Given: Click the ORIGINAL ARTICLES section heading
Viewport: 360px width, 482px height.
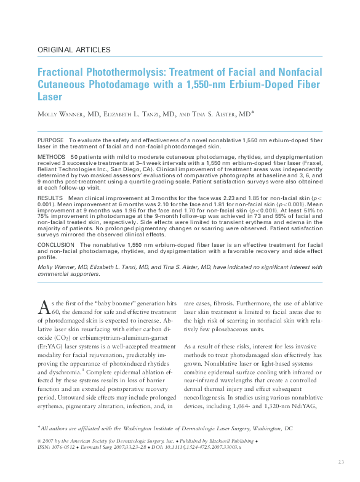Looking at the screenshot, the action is coord(74,50).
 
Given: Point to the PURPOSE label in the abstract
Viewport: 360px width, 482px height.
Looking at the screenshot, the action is coord(50,141).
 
